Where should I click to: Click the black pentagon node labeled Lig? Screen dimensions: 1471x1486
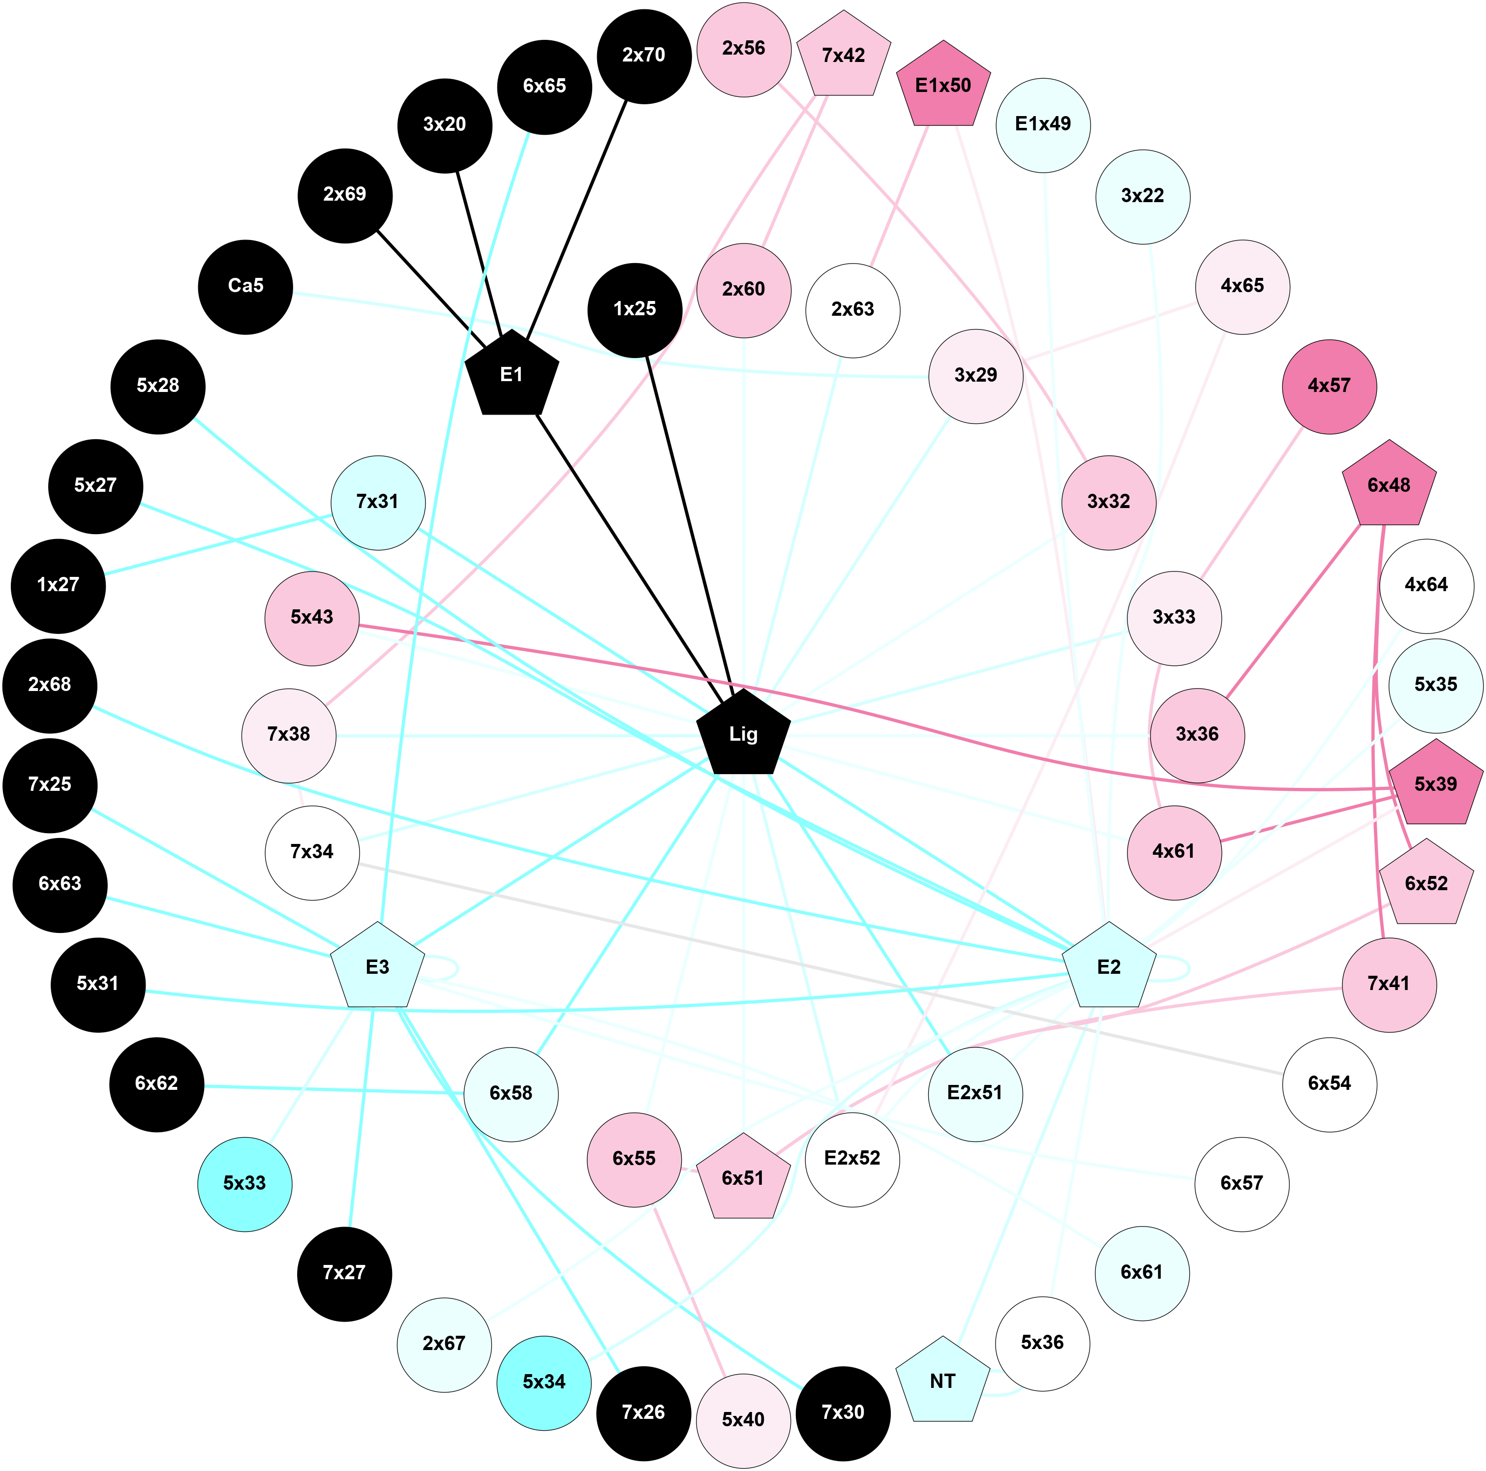coord(743,734)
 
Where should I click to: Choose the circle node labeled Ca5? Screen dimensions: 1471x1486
coord(245,286)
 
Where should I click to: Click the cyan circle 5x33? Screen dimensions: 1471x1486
coord(244,1183)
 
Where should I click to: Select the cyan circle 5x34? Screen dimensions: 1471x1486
coord(544,1382)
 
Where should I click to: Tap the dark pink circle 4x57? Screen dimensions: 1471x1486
coord(1329,386)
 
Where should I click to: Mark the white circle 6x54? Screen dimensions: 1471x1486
coord(1329,1083)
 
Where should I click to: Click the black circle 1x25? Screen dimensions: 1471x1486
coord(635,309)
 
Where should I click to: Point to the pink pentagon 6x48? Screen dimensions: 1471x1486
coord(1388,485)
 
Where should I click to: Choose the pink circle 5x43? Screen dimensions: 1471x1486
coord(311,618)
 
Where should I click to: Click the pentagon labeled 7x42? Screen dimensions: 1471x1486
coord(843,56)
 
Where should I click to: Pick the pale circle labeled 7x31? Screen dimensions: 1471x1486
coord(377,502)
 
